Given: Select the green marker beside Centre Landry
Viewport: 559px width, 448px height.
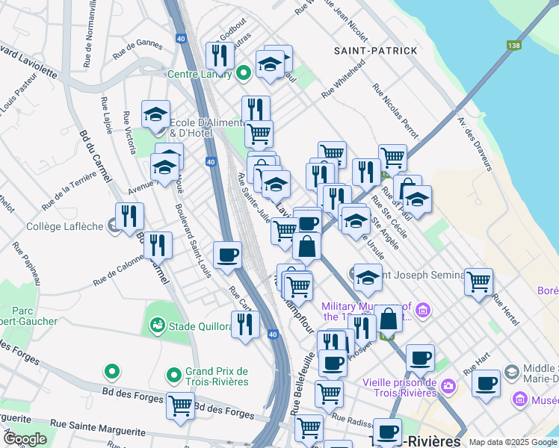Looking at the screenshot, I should pos(243,73).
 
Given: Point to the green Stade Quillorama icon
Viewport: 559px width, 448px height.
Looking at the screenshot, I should pos(157,325).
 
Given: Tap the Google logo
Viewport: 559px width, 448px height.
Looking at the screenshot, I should pos(25,439).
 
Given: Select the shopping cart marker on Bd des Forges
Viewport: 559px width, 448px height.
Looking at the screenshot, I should pos(180,405).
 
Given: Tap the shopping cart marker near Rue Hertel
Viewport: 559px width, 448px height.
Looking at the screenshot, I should pos(478,281).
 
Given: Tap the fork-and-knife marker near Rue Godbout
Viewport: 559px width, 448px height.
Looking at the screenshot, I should pos(220,55).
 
